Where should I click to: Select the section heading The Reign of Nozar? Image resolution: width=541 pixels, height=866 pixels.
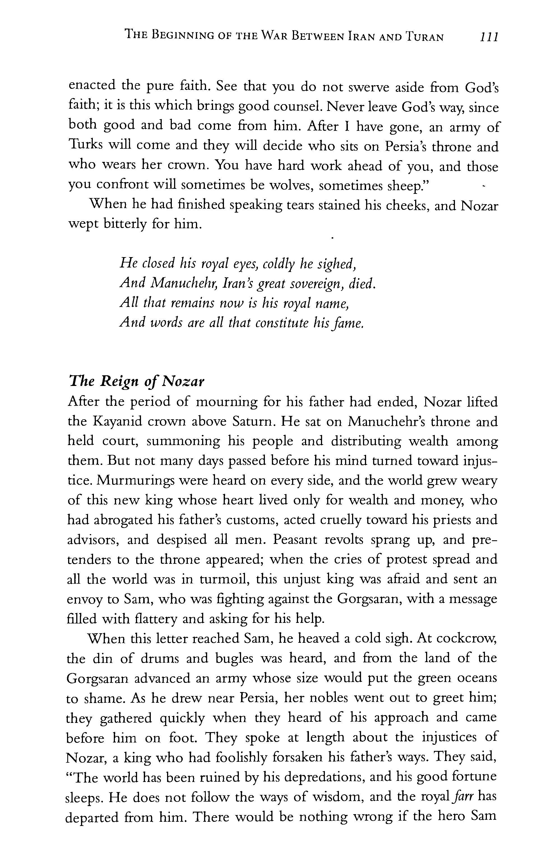point(136,382)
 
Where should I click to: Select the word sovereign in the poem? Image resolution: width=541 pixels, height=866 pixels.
point(313,283)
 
